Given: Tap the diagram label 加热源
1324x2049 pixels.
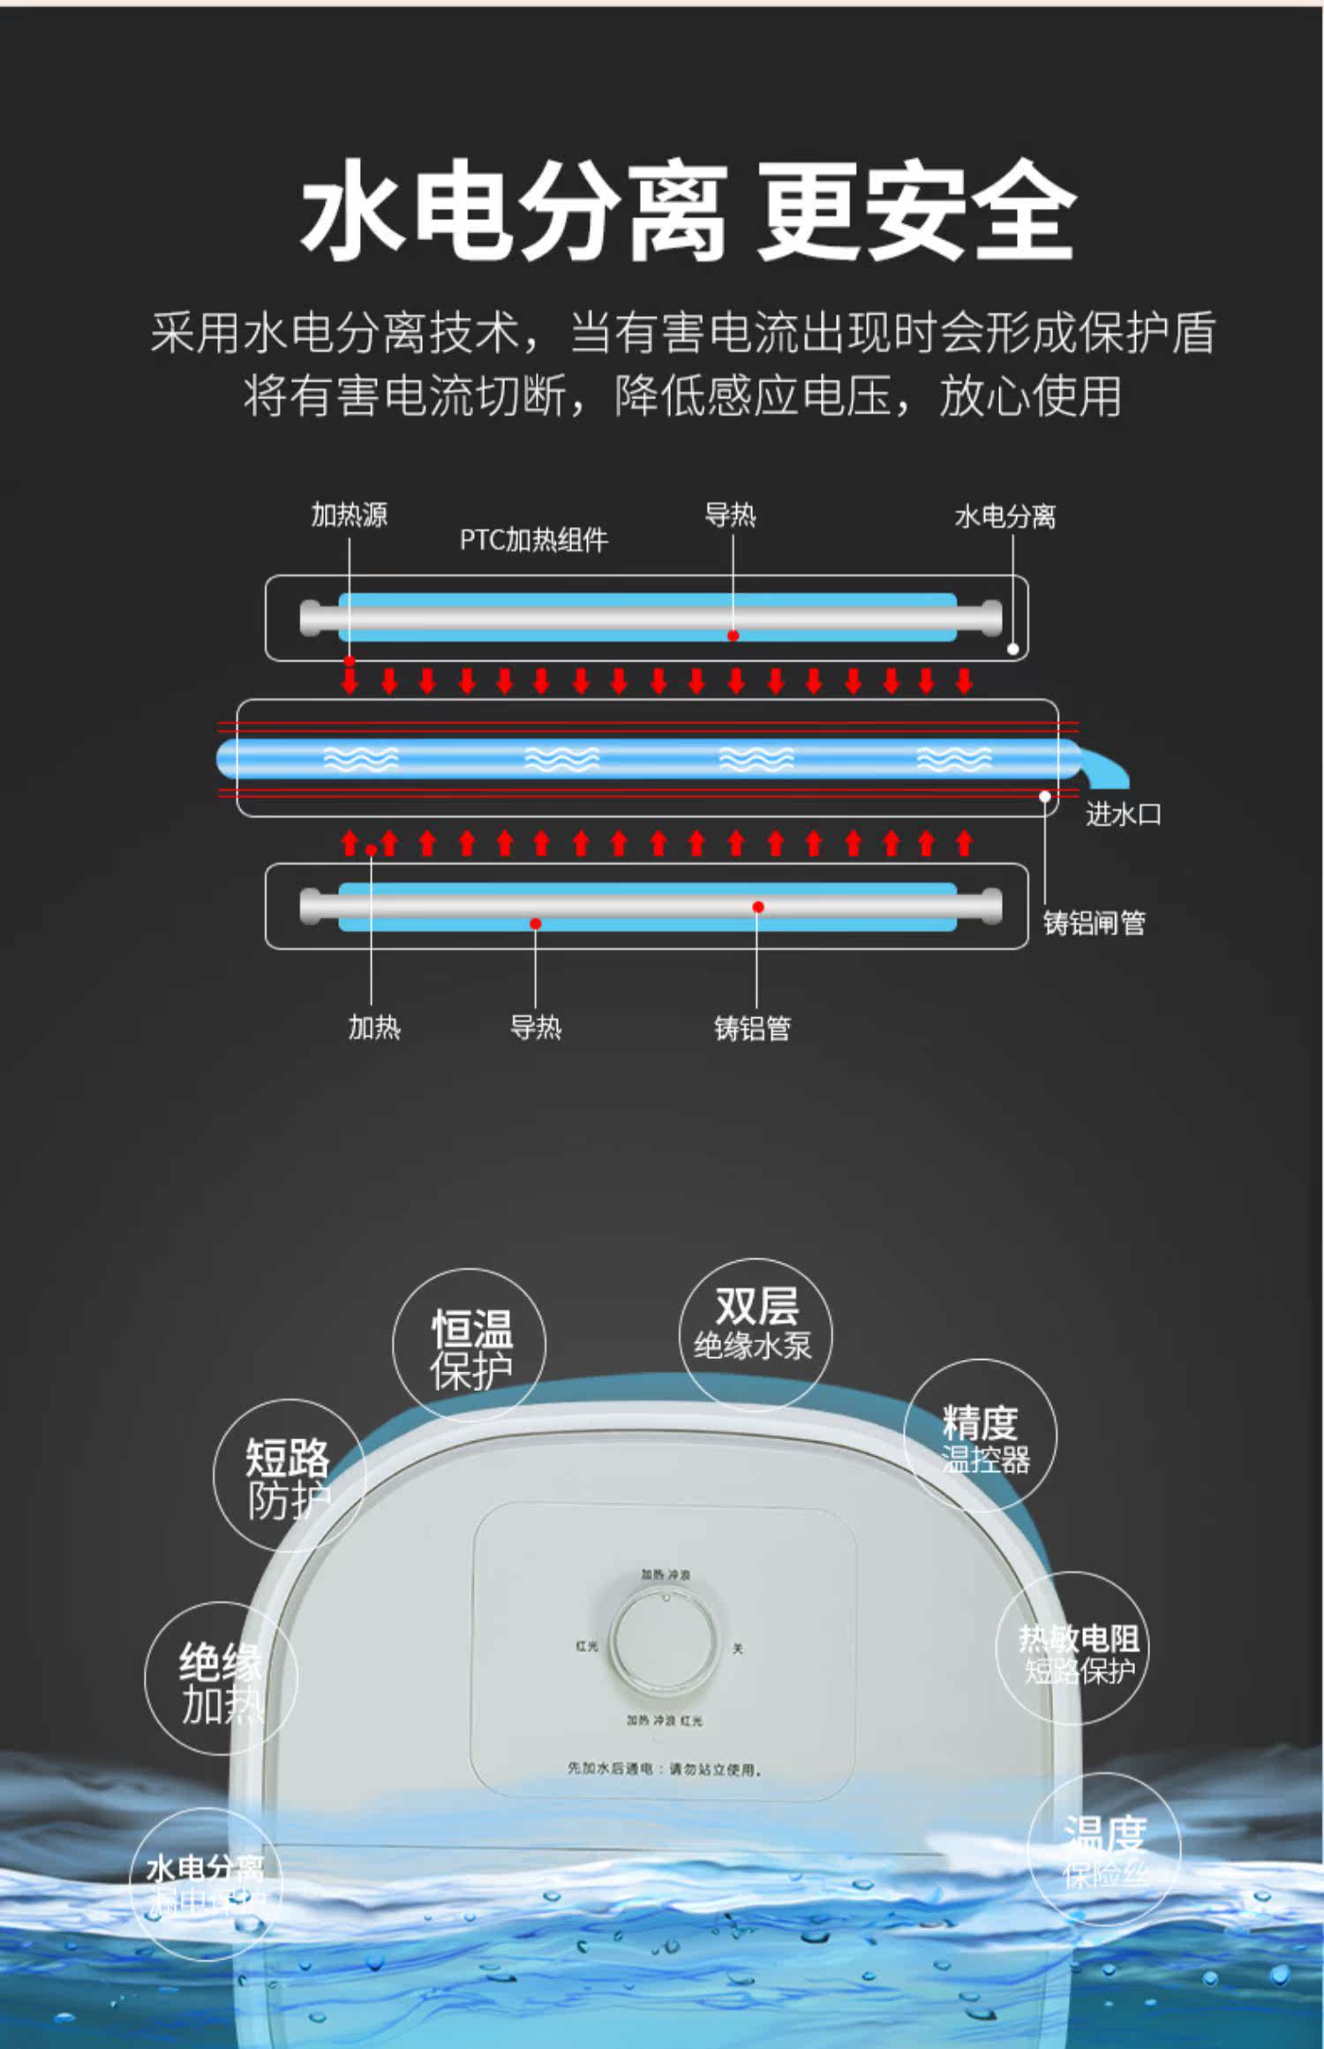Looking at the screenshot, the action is (x=349, y=514).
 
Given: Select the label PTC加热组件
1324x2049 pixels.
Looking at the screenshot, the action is (x=533, y=539).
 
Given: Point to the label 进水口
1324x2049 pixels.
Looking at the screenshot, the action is (x=1122, y=814).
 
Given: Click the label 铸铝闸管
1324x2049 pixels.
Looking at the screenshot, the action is (x=1094, y=922).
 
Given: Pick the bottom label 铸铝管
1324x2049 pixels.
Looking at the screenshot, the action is (x=752, y=1027).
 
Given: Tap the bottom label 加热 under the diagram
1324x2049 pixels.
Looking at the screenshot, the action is (x=373, y=1026).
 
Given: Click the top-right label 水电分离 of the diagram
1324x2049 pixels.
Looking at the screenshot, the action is (x=1004, y=516).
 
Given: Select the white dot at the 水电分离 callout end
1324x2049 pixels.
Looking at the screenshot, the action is (x=1012, y=649).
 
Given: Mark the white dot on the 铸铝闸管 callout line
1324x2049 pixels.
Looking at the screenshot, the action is (x=1044, y=796).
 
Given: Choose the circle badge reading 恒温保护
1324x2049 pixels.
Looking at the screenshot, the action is (x=470, y=1345).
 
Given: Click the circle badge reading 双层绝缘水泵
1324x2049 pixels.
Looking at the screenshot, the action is (x=755, y=1332).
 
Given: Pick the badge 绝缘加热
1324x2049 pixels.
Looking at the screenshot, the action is (x=221, y=1679).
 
